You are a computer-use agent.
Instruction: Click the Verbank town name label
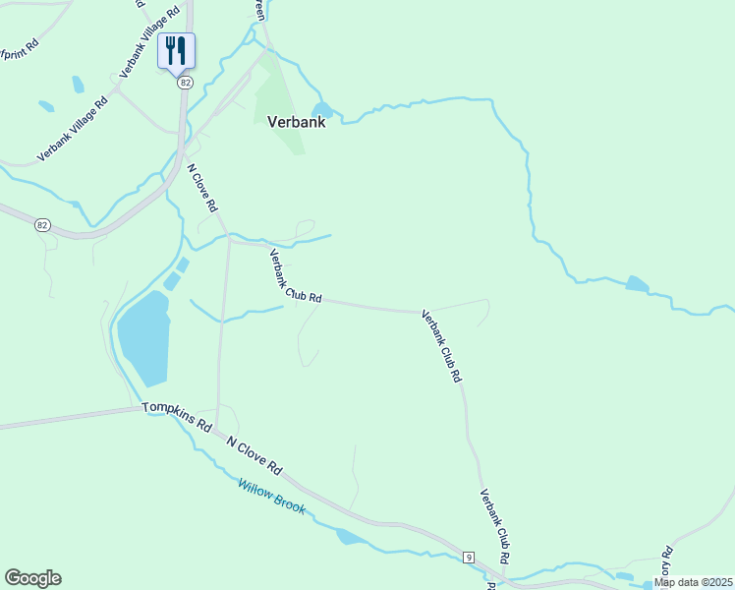[296, 123]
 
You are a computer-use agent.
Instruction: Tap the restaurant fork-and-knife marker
[176, 50]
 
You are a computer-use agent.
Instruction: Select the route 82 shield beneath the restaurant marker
[185, 84]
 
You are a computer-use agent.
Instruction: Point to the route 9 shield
[470, 558]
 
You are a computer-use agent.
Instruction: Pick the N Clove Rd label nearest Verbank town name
[202, 190]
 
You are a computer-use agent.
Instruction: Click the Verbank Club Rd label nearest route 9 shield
[494, 525]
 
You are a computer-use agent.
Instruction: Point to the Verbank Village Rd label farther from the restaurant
[72, 130]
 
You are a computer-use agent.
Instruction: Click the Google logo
[32, 578]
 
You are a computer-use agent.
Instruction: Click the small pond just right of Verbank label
[321, 109]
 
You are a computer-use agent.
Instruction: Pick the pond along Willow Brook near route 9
[349, 537]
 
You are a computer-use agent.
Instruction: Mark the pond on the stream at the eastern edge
[637, 285]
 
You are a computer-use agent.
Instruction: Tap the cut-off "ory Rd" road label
[666, 560]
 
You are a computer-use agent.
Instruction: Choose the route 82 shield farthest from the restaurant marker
[41, 225]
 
